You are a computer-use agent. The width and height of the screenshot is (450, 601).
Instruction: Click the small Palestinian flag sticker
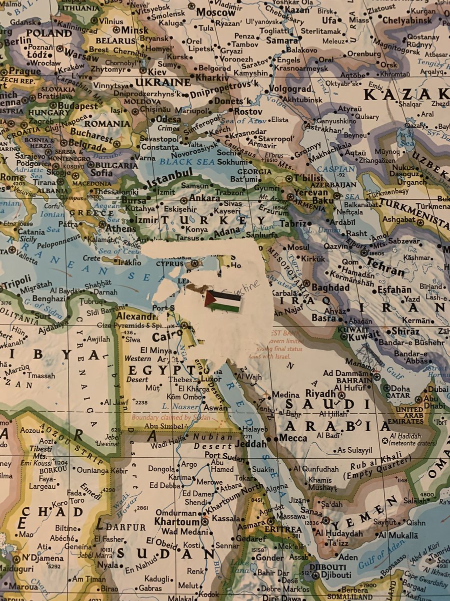223,301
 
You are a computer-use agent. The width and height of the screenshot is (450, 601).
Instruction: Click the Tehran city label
387,270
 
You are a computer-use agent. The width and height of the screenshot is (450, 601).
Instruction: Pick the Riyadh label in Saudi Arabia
319,394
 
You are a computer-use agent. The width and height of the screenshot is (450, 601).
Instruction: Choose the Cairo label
164,336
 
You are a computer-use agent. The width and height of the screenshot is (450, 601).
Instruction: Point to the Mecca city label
293,438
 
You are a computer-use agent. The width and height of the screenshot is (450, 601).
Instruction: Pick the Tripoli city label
15,279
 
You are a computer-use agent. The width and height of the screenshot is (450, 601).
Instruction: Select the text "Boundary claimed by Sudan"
164,417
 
